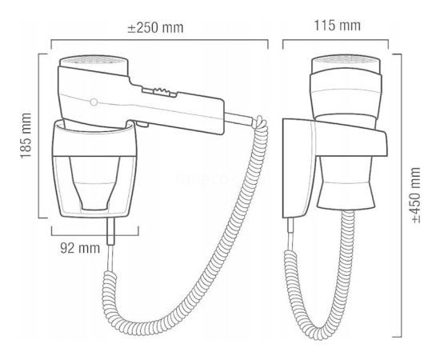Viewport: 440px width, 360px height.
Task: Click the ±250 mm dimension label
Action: (x=155, y=28)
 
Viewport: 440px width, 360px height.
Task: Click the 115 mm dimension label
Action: (x=337, y=26)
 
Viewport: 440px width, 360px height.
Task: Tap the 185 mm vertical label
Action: (x=26, y=135)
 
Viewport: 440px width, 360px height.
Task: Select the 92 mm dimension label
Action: (x=80, y=248)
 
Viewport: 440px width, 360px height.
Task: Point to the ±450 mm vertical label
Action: (x=416, y=195)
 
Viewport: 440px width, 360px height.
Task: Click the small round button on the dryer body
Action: (x=94, y=102)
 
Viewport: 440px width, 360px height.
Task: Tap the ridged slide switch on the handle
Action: (x=159, y=92)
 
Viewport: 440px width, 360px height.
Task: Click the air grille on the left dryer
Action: (x=94, y=60)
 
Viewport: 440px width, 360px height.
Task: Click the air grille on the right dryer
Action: (x=346, y=59)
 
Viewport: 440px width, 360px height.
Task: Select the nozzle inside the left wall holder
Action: (x=94, y=183)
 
